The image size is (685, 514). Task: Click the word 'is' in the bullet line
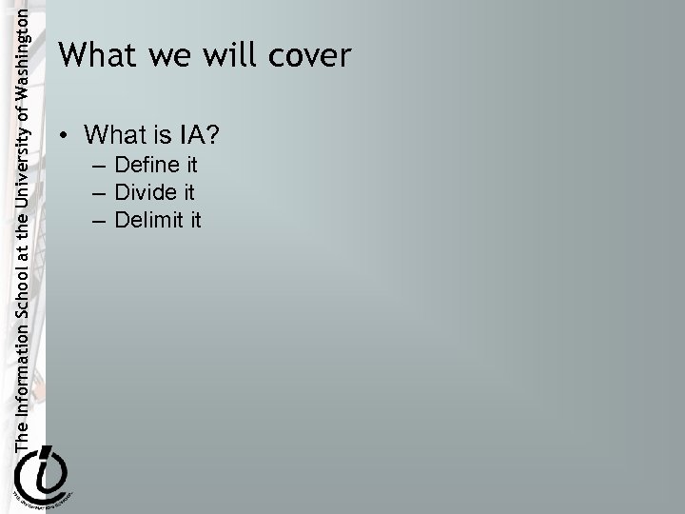[x=161, y=135]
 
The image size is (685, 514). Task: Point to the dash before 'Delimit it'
[x=100, y=221]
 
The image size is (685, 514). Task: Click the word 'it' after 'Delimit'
[x=194, y=220]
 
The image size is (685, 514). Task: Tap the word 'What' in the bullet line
[x=112, y=135]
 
